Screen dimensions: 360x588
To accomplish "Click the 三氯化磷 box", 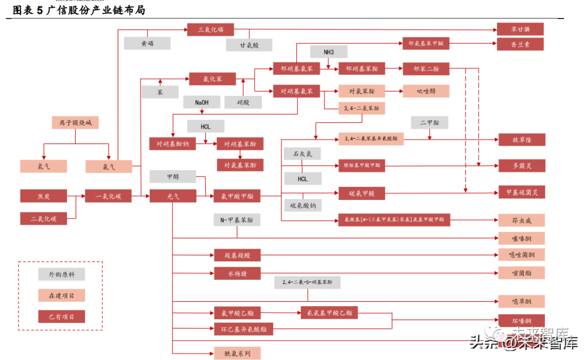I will click(210, 29).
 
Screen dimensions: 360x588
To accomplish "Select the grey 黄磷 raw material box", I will click(147, 44).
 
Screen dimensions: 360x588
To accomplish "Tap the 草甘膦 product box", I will click(520, 29).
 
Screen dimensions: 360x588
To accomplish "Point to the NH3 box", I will click(328, 52).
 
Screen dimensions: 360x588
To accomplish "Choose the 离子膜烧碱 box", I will click(75, 123).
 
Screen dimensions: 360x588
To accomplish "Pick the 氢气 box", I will click(44, 166).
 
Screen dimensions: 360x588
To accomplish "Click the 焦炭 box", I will click(44, 196).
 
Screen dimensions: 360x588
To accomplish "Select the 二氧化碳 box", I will click(44, 219).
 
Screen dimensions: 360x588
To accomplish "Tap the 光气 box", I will click(172, 196).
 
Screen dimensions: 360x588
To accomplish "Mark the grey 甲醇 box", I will click(173, 176).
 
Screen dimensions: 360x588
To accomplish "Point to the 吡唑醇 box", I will click(426, 91).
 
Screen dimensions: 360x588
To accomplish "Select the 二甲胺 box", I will click(429, 123).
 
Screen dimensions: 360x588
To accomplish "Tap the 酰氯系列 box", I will click(237, 353).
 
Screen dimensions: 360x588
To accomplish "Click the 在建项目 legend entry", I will click(61, 295).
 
